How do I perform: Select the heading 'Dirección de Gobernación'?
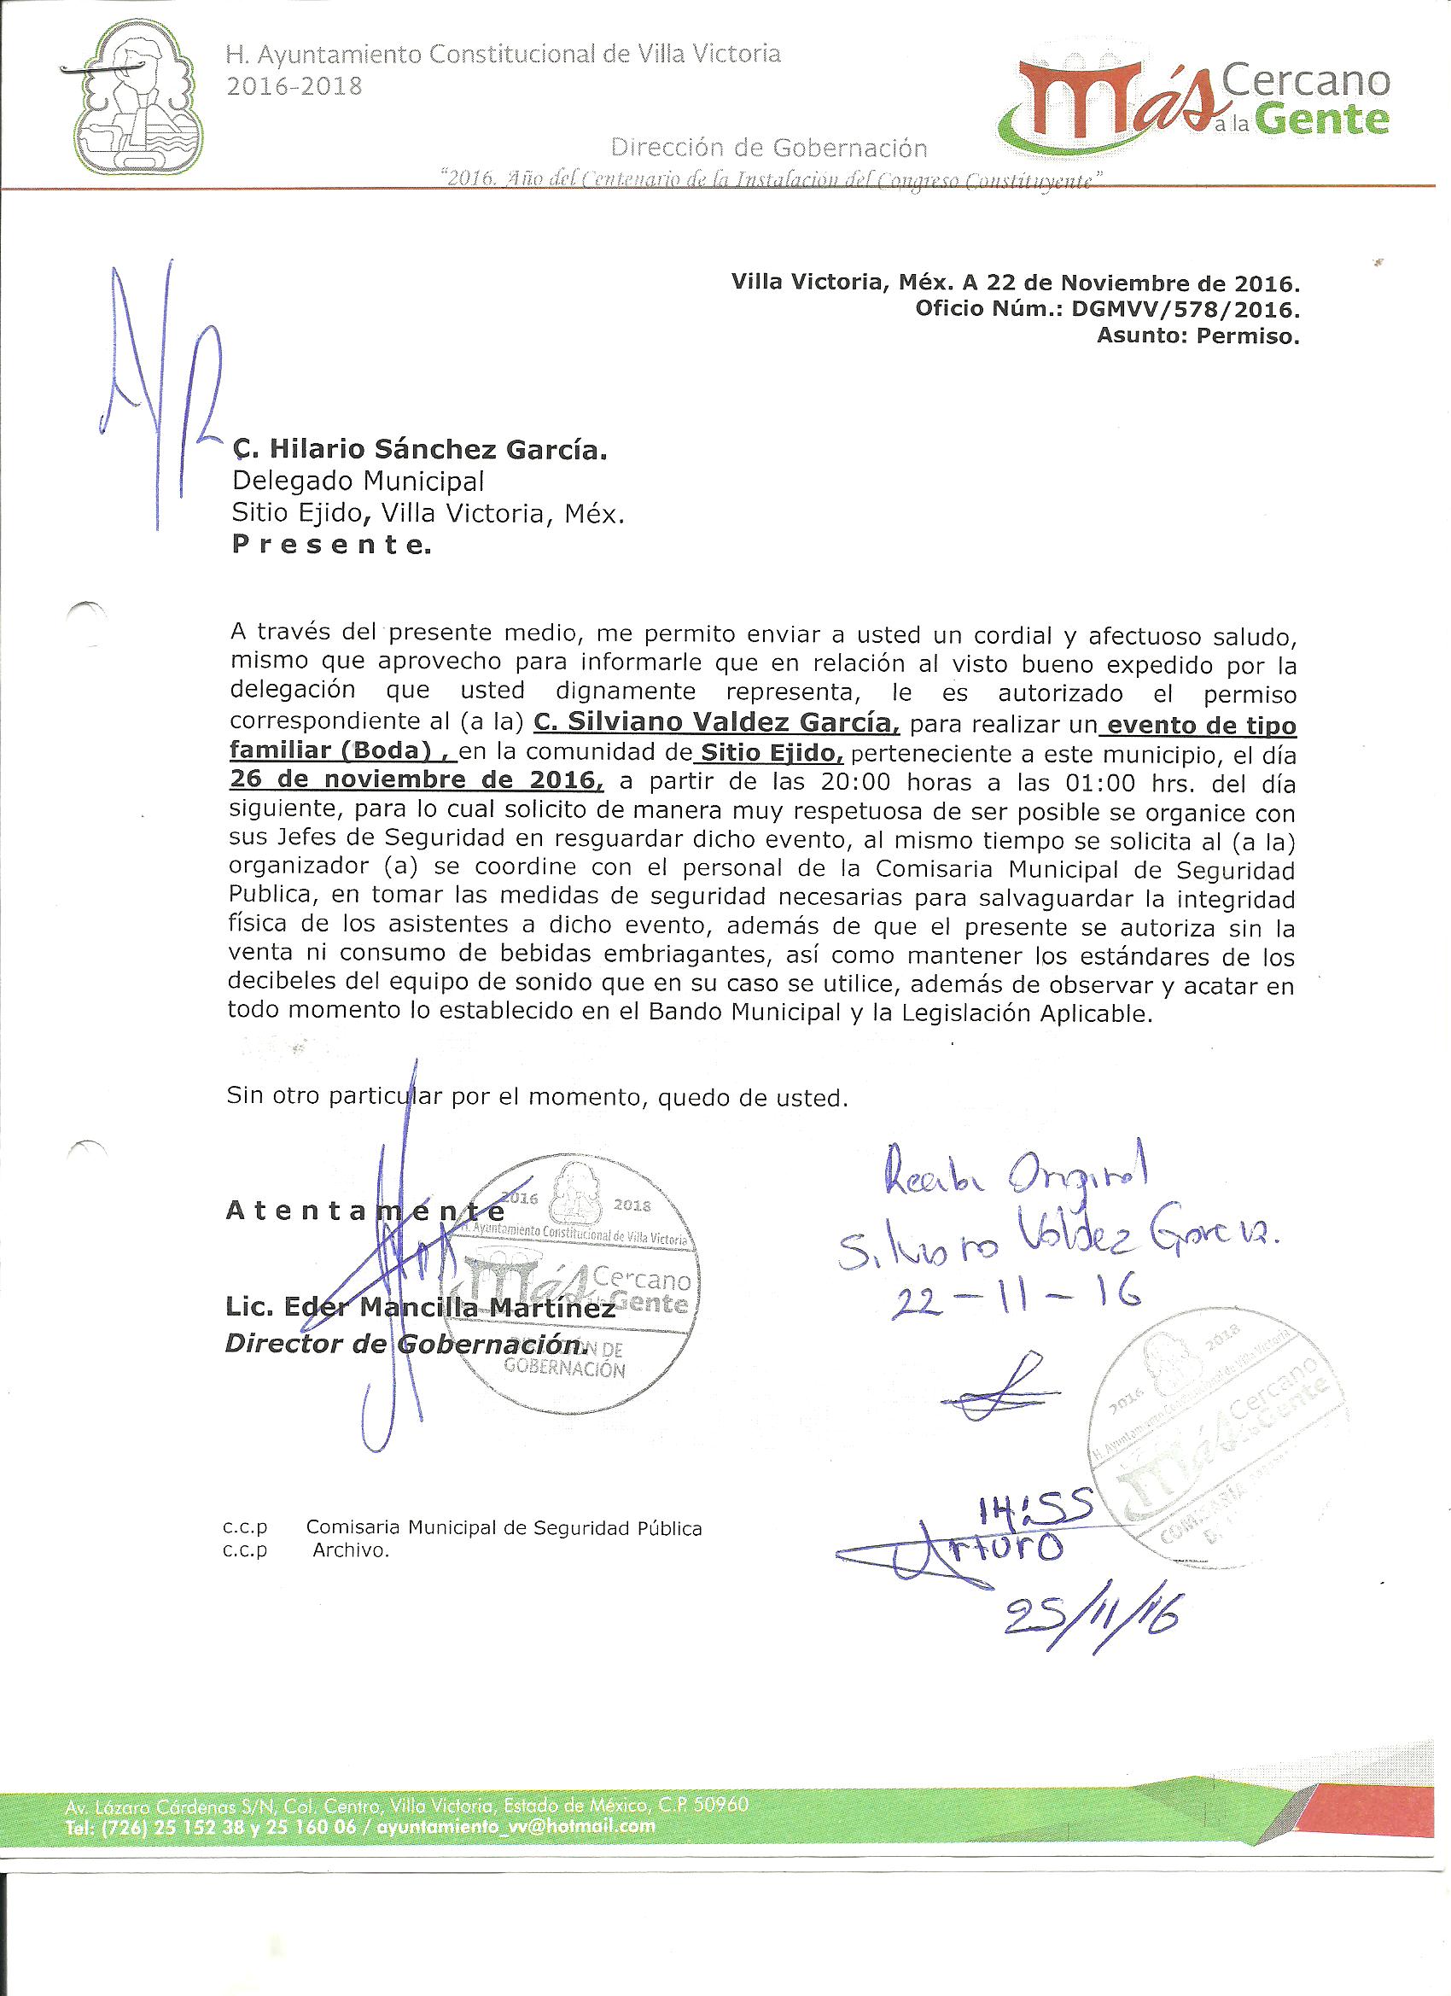point(768,147)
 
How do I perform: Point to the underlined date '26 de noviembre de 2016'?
point(417,779)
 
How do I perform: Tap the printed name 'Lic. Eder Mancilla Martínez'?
point(421,1309)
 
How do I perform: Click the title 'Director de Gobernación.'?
point(405,1344)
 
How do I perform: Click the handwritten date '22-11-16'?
point(1016,1293)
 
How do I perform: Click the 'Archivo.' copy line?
point(350,1550)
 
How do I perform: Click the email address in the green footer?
point(516,1825)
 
